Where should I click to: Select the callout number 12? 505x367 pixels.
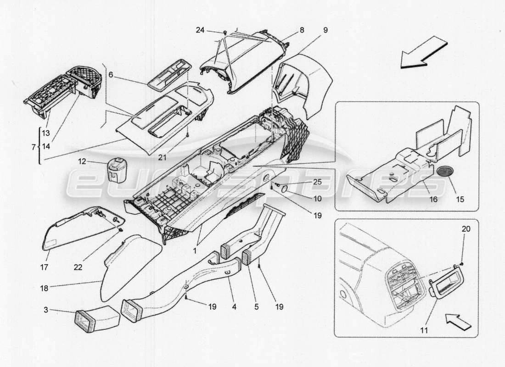pos(82,161)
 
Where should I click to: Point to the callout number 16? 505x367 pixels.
pos(433,199)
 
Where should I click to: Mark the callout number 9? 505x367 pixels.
pos(325,31)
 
